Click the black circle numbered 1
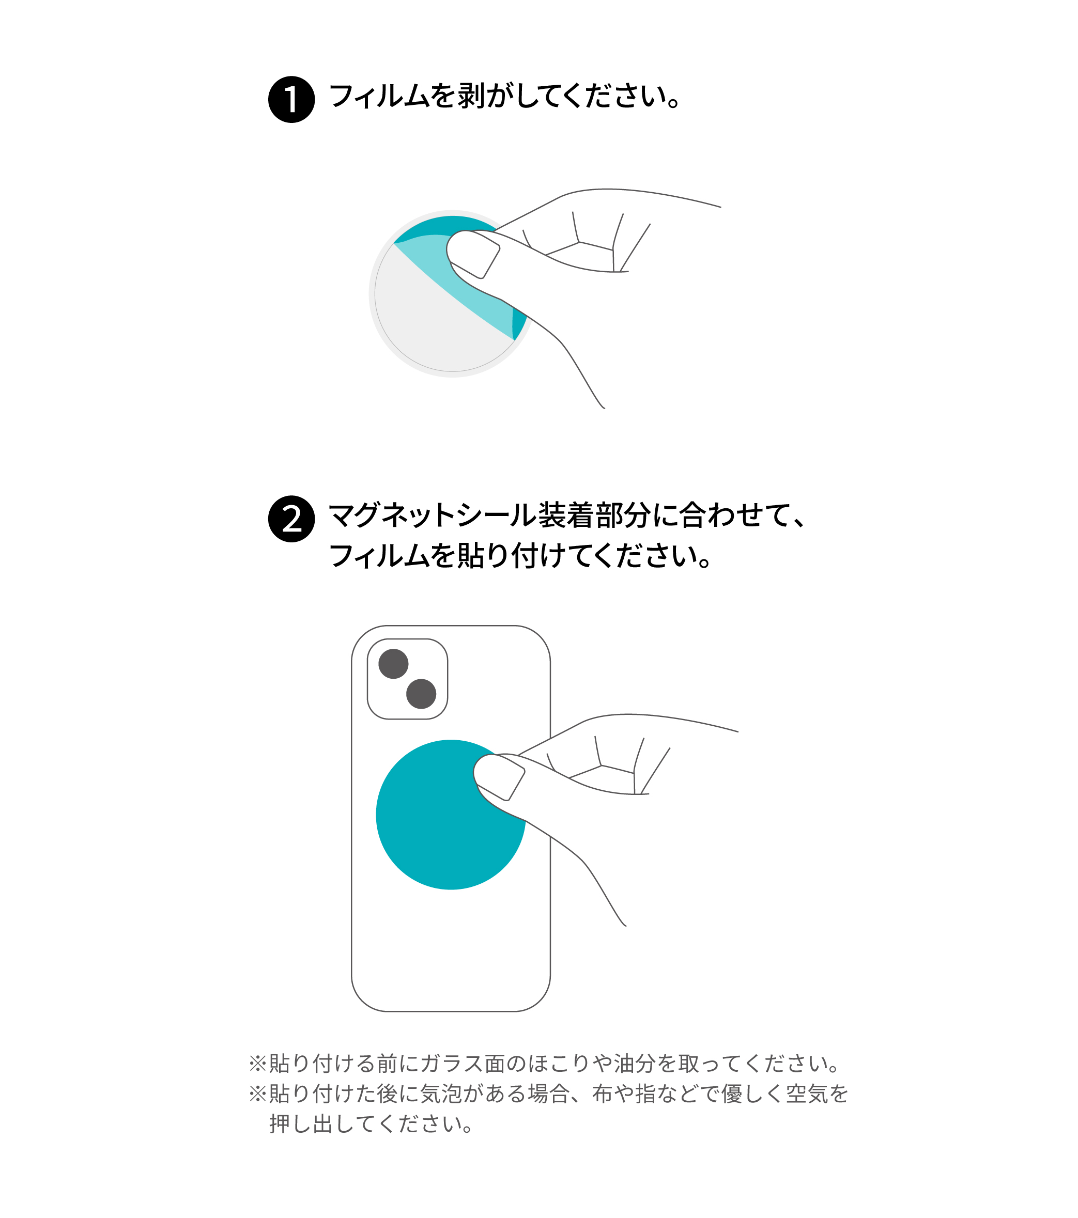tap(291, 100)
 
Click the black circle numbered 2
tap(291, 519)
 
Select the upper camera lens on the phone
tap(393, 663)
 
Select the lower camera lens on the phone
tap(421, 694)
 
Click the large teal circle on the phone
tap(451, 815)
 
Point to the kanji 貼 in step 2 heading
tap(471, 555)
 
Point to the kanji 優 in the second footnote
tap(732, 1094)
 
